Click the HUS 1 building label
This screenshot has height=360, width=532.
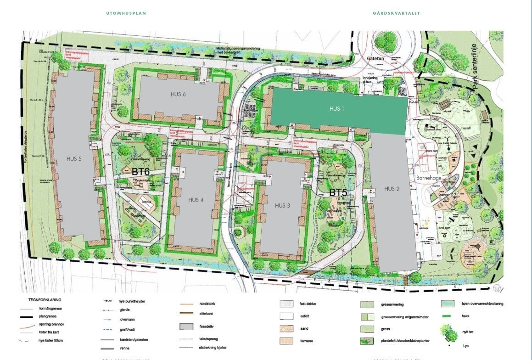336,109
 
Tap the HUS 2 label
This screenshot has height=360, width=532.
392,189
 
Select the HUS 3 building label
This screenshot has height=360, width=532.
282,205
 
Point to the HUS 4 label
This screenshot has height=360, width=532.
196,200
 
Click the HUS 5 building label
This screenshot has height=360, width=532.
74,159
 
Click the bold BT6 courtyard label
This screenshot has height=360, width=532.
141,172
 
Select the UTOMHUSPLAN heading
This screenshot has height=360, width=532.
126,13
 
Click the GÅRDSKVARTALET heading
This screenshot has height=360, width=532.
397,13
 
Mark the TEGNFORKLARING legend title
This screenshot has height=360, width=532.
45,300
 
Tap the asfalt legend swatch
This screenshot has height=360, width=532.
286,316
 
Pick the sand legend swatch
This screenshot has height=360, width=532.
286,329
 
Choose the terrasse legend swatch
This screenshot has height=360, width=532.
286,341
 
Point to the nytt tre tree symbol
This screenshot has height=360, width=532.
447,332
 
